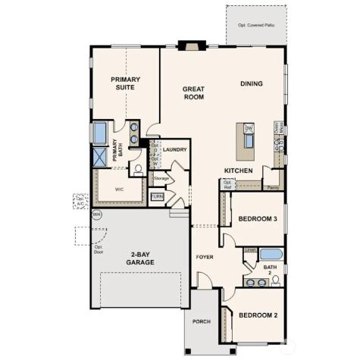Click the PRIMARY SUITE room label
(126, 83)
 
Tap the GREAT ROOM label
(193, 93)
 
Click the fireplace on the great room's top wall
(187, 45)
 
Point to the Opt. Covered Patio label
(255, 25)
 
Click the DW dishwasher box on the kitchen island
(248, 128)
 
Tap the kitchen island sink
(248, 142)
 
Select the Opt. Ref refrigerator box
(227, 183)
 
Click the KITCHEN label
(237, 171)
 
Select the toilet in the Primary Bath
(137, 169)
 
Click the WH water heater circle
(96, 214)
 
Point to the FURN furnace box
(157, 197)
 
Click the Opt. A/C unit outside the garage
(80, 201)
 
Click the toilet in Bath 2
(276, 280)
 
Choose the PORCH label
(201, 321)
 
